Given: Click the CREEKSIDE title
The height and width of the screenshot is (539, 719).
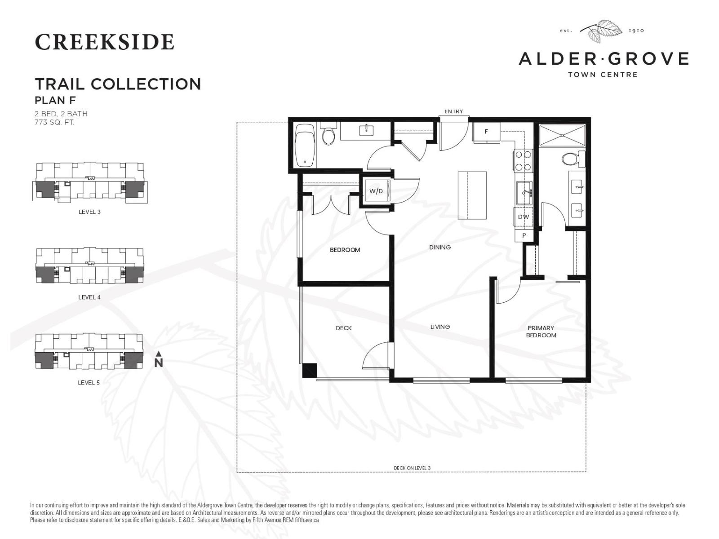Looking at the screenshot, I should tap(104, 42).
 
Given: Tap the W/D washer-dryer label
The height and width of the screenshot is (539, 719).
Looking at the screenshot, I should tap(376, 191).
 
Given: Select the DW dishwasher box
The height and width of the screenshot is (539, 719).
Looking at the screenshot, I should tap(524, 217).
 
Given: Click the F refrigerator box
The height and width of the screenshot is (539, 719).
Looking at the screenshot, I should tap(486, 132).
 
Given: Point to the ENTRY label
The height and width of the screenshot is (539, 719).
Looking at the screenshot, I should tap(453, 111).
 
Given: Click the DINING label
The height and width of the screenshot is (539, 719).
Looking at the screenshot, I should tap(440, 247).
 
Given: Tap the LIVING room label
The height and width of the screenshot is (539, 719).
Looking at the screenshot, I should tap(440, 327).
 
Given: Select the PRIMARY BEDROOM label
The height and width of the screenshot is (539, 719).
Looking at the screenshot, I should tap(541, 332).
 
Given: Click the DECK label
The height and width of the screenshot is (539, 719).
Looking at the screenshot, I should tap(344, 328).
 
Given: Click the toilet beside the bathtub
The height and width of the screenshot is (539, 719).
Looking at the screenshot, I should tap(328, 135).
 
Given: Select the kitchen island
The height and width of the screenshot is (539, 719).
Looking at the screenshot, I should tap(472, 195).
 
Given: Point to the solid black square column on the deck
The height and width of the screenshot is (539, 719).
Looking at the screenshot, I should tap(310, 371).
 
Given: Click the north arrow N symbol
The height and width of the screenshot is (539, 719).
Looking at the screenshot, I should tap(158, 360).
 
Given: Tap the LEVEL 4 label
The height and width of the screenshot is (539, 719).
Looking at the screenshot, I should tap(89, 297).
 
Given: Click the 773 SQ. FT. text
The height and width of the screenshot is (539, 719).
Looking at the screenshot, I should tap(54, 122).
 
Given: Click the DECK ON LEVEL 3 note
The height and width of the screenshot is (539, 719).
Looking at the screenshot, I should tap(412, 468).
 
